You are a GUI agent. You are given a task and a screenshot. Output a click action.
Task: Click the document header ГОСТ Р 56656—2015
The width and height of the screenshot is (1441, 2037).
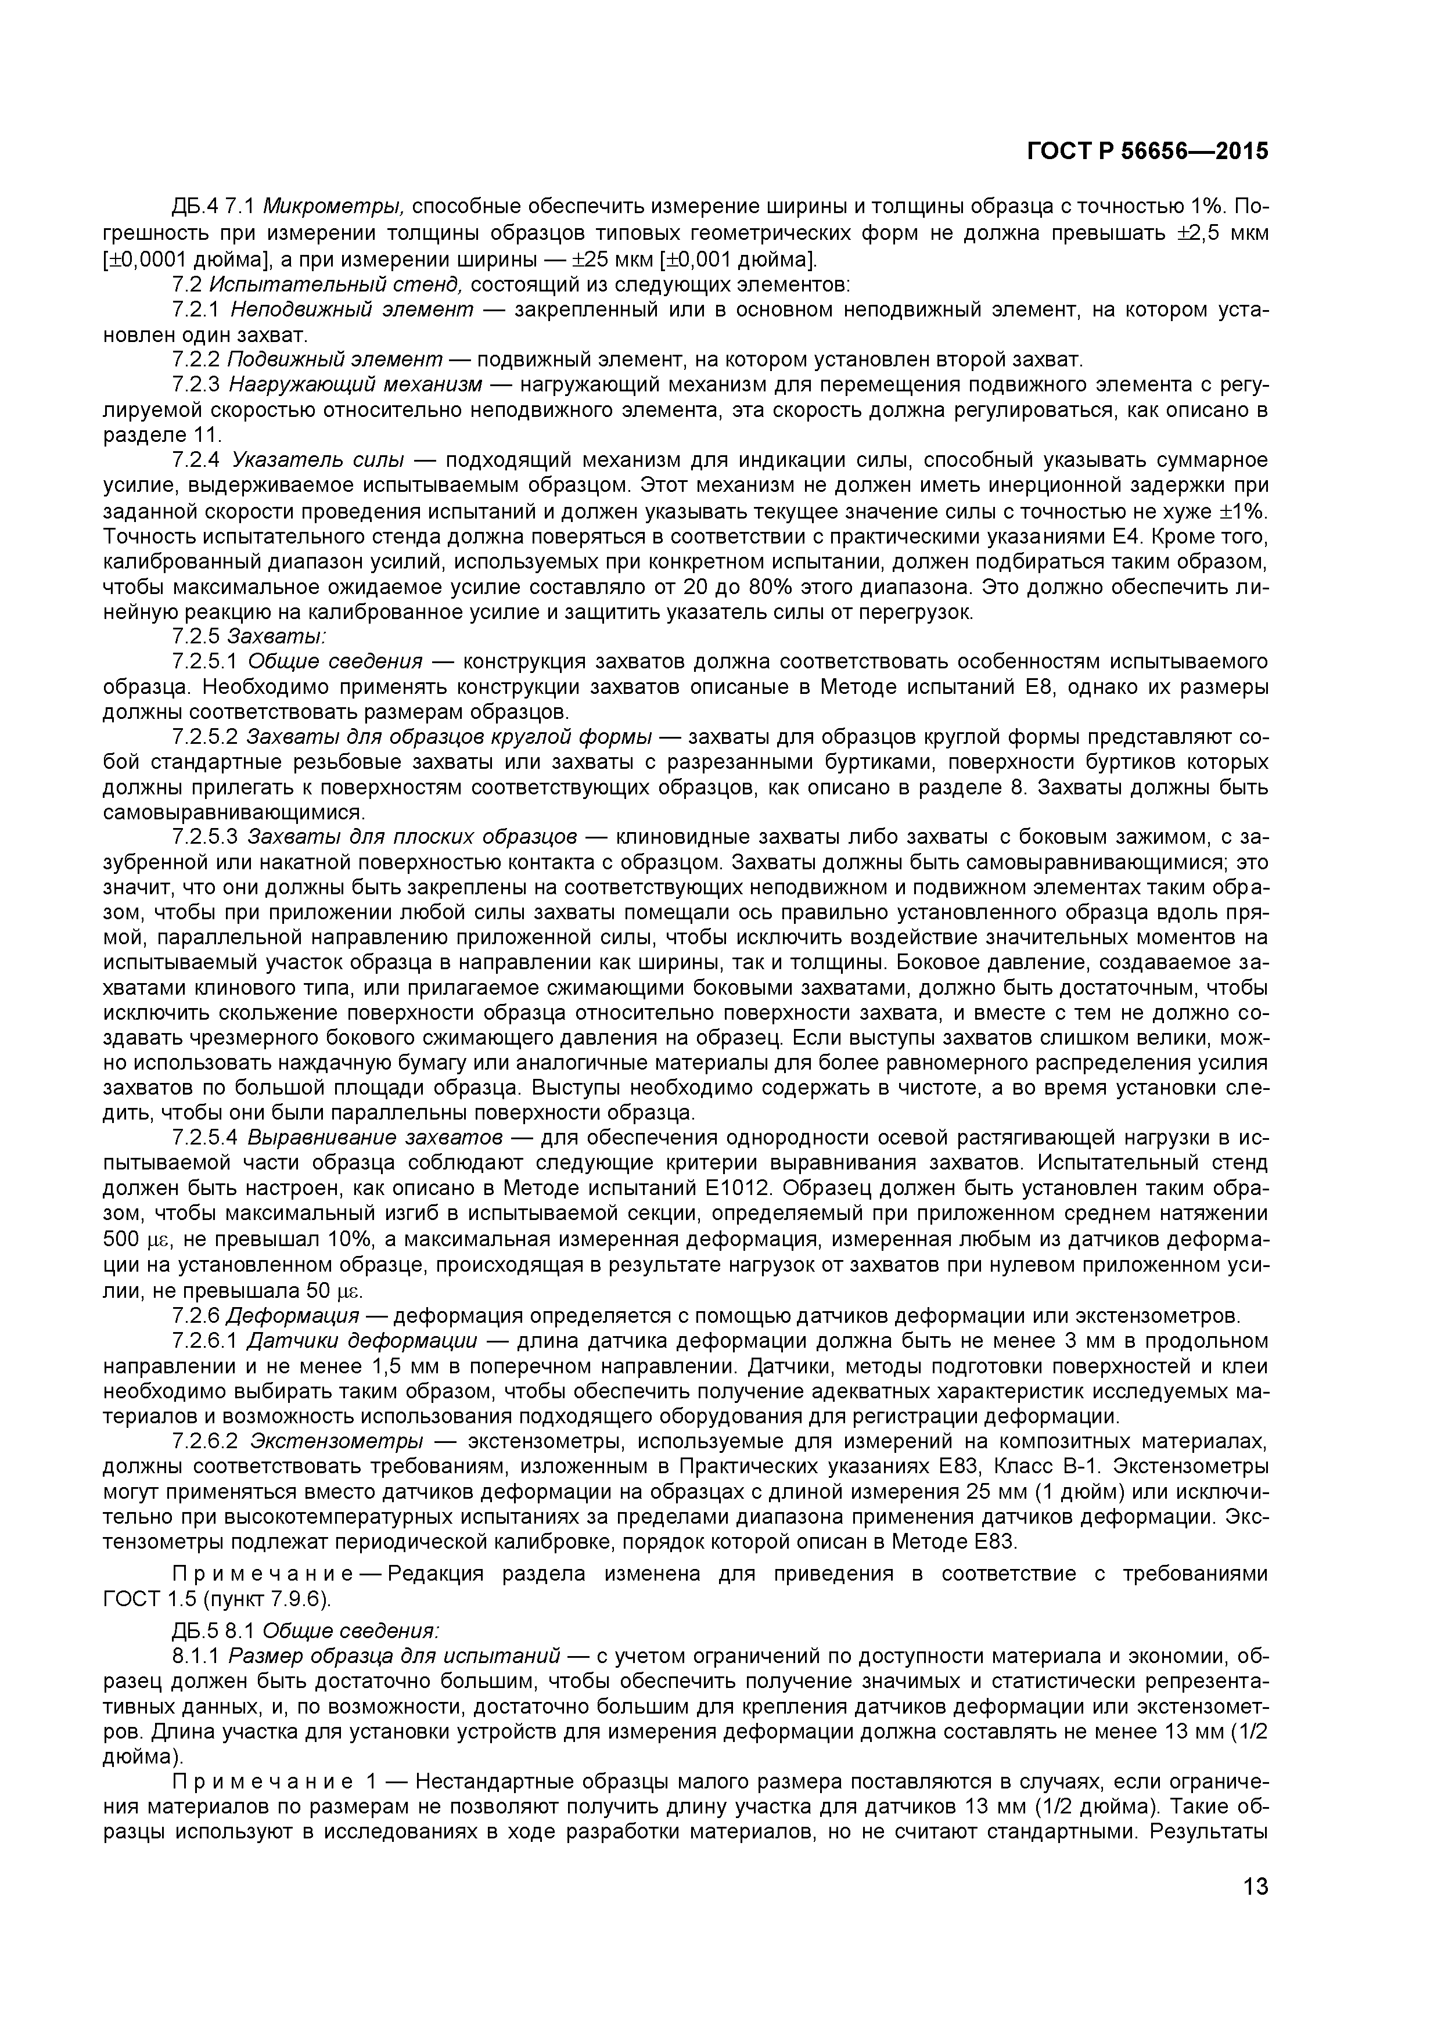pos(1147,152)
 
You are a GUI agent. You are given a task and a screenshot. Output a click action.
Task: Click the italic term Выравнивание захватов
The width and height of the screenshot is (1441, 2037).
pos(376,1138)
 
